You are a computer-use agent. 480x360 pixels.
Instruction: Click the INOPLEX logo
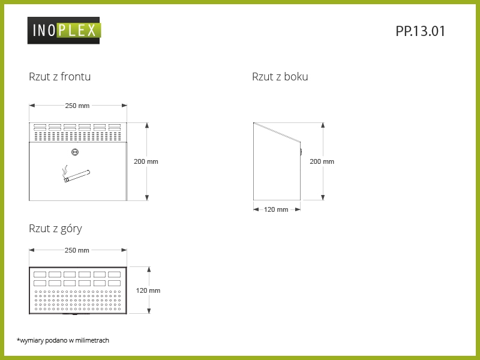tap(64, 31)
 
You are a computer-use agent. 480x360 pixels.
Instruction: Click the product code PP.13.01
tap(420, 31)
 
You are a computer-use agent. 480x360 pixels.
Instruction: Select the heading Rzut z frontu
tap(59, 77)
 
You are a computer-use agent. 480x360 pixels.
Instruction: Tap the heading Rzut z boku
tap(280, 77)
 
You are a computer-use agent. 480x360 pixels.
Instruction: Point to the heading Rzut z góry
tap(55, 229)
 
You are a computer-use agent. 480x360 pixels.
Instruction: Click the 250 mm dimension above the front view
tap(77, 106)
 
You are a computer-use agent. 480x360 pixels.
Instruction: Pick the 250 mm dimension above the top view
tap(77, 250)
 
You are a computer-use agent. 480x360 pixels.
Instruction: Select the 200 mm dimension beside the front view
tap(146, 161)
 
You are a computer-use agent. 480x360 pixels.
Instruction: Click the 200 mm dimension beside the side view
tap(322, 161)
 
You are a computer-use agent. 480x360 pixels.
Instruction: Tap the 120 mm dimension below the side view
tap(276, 209)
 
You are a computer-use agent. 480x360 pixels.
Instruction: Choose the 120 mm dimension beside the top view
tap(148, 290)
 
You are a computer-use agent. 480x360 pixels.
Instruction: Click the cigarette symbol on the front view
tap(76, 174)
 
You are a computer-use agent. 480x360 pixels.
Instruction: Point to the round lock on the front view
tap(75, 152)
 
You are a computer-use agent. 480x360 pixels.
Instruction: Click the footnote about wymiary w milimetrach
tap(63, 340)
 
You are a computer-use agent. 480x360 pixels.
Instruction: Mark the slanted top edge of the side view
tap(277, 132)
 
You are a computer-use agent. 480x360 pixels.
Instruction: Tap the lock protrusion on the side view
tap(301, 152)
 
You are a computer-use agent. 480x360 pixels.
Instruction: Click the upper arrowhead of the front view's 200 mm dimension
tap(147, 125)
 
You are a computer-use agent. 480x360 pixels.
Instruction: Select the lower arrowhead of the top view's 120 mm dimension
tap(149, 311)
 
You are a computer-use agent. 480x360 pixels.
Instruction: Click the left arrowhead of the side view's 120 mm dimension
tap(256, 209)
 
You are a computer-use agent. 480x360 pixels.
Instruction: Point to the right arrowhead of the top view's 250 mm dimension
tap(124, 250)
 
